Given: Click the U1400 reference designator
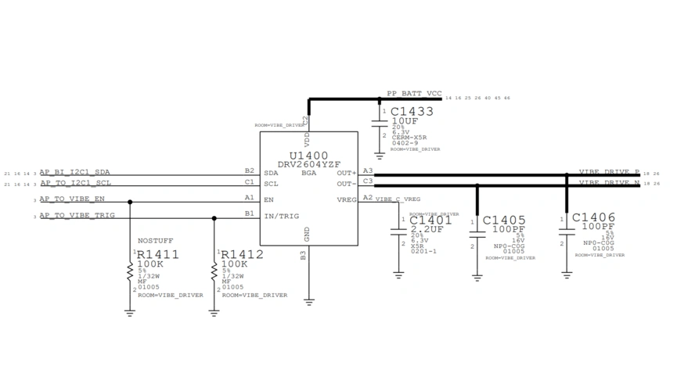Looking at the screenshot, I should [308, 156].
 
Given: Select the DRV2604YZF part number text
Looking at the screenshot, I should [308, 164].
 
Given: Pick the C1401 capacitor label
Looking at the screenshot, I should [430, 221].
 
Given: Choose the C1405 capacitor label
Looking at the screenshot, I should [504, 221].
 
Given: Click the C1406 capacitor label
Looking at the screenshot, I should [593, 217].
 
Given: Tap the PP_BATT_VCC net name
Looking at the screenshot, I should [414, 93].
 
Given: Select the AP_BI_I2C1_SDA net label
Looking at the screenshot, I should [75, 172].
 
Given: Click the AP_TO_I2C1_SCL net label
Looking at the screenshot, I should [75, 183].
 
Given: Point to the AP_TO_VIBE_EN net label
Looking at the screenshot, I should [72, 199].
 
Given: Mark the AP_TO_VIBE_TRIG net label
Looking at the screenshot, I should [77, 215].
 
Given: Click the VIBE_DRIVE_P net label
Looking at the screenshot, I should [609, 172].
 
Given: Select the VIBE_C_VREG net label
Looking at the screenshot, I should [398, 199].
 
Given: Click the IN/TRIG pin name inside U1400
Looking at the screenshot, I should [281, 216].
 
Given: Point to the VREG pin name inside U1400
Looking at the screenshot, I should [347, 199].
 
